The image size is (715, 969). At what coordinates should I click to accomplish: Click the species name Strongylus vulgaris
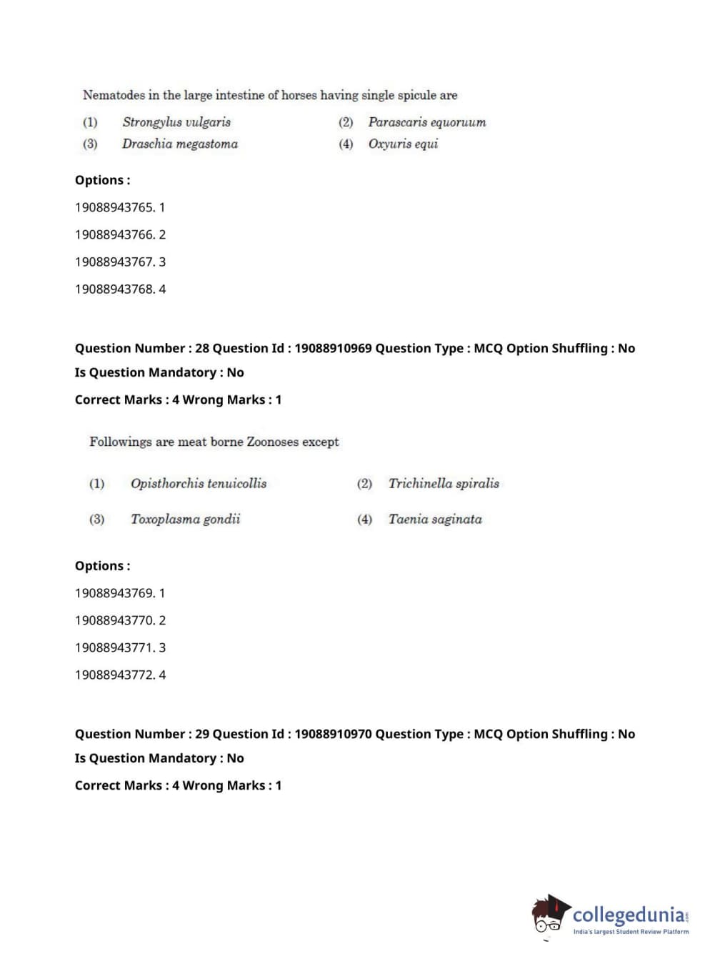[176, 122]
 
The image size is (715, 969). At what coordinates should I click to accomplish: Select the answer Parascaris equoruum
[426, 122]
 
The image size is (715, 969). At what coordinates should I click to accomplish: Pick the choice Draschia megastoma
[179, 144]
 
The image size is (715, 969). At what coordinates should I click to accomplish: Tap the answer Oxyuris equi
[403, 144]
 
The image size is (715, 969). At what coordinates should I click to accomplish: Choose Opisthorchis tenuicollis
[198, 484]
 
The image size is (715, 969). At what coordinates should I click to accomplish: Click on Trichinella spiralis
[443, 484]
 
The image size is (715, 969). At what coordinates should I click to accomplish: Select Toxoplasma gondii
[185, 520]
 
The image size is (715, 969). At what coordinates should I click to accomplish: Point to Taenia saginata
[434, 520]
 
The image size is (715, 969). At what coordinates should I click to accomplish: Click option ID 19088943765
[114, 207]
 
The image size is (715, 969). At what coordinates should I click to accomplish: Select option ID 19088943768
[114, 289]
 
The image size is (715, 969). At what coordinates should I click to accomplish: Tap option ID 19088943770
[114, 620]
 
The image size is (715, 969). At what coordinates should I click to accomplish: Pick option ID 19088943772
[114, 675]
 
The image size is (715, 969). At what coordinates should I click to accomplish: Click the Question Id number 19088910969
[333, 349]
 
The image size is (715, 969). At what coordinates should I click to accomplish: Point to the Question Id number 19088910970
[333, 734]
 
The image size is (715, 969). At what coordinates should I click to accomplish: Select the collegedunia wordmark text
[629, 915]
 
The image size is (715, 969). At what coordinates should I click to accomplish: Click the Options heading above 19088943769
[102, 566]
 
